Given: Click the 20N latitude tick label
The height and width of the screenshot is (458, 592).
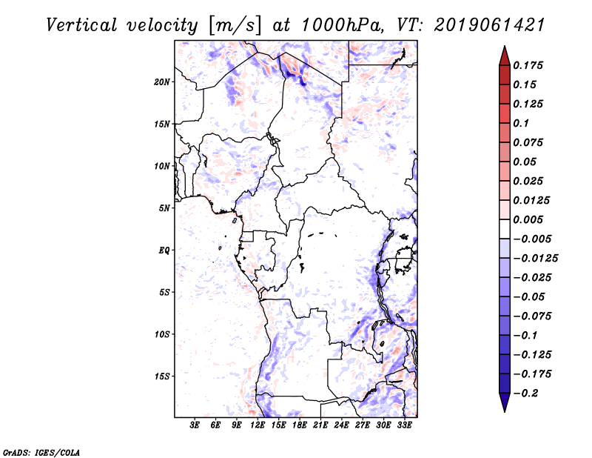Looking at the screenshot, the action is tap(162, 82).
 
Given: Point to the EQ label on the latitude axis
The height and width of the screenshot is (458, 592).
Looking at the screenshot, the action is tap(164, 250).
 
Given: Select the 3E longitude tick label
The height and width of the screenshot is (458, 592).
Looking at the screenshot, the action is tap(195, 425).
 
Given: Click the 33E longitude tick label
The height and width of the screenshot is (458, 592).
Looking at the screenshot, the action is tap(404, 425).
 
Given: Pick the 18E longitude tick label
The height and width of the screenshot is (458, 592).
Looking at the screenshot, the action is tap(300, 425).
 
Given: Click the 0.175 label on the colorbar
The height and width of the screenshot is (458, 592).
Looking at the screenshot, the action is tap(528, 65).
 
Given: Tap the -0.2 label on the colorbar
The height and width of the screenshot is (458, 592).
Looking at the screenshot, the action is tap(525, 394).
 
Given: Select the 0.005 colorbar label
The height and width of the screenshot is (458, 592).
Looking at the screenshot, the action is tap(528, 219).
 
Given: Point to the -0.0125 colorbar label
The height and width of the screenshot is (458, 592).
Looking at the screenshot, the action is tap(535, 259).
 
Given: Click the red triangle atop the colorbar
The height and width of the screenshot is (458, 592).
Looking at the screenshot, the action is tap(505, 56).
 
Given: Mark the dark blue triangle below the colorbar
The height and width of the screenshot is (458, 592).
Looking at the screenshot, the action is tap(505, 402).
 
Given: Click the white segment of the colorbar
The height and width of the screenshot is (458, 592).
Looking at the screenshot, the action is tap(505, 229).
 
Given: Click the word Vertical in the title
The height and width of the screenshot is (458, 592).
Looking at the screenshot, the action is tap(82, 25).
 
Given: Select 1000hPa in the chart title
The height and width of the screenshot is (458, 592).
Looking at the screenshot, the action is tap(343, 25).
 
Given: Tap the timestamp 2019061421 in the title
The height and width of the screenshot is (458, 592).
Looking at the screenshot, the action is tap(489, 25).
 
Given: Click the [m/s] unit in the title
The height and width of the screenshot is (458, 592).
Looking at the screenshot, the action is tap(235, 26).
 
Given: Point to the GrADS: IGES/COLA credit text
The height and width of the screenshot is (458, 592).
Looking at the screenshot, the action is tap(41, 453).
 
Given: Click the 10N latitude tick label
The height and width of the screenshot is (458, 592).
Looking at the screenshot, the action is tap(162, 166).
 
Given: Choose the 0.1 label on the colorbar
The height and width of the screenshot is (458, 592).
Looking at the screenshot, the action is tap(521, 123).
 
